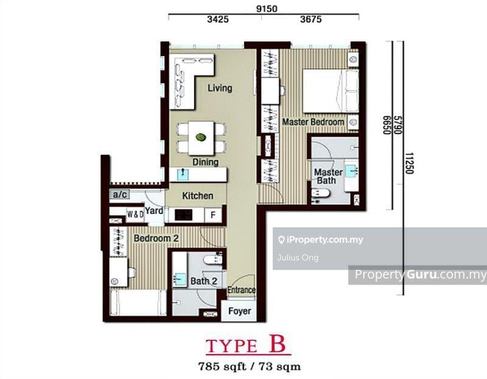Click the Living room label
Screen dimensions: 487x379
220,88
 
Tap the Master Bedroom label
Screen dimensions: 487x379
313,122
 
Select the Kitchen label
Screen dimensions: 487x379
197,196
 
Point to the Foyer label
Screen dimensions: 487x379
239,311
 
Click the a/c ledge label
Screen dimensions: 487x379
120,194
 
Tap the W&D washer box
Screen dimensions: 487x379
135,214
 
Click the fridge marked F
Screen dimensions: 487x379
213,215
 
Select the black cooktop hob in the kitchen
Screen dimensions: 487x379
183,215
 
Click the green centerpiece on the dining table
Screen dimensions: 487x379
201,137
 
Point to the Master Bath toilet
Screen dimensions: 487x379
320,193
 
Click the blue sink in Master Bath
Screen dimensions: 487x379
352,171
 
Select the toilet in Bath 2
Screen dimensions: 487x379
212,260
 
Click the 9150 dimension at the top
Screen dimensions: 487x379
267,9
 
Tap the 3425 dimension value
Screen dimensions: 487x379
218,19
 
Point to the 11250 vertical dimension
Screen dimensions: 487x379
410,163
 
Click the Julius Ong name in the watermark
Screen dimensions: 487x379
298,258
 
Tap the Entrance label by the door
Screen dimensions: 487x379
242,290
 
